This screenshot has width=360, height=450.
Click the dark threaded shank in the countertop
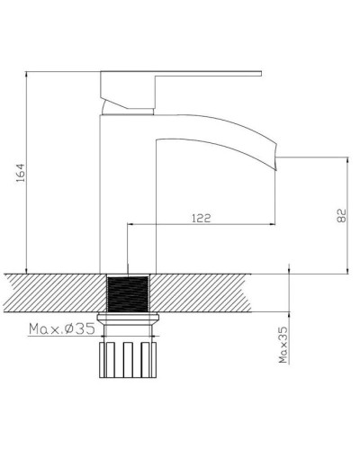click(x=126, y=292)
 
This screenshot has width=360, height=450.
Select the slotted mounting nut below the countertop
click(x=126, y=357)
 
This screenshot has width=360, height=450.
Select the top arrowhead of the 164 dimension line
click(x=28, y=73)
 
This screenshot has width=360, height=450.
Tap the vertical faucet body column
click(x=126, y=198)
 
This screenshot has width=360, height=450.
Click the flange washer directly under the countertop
click(x=126, y=317)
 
